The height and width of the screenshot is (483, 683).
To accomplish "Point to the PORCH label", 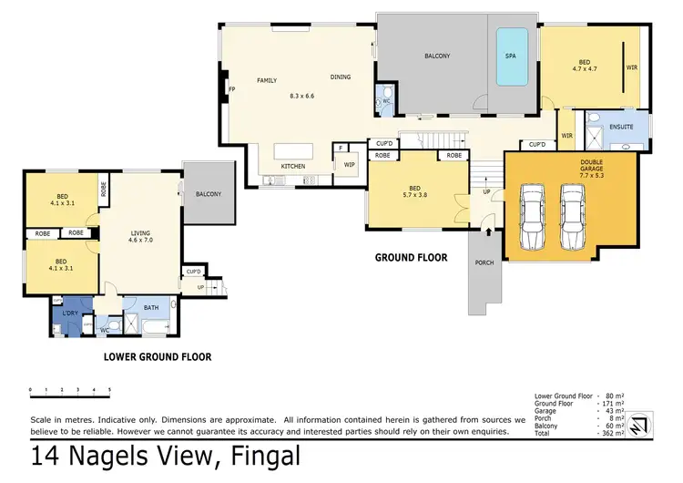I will [x=485, y=262].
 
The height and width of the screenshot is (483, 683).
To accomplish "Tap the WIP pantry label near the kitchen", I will [x=349, y=165].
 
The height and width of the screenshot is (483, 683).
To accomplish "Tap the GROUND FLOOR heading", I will [x=411, y=258].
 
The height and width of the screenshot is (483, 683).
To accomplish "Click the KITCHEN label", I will [x=292, y=166].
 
